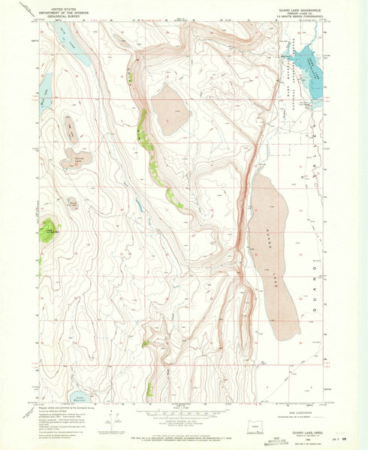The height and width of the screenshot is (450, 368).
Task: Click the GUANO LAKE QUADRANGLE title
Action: [297, 9]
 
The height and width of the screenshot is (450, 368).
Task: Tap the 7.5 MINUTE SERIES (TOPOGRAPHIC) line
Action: [297, 18]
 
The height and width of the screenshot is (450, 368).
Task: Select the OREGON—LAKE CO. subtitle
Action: [297, 13]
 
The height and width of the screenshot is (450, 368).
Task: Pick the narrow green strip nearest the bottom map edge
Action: [149, 388]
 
